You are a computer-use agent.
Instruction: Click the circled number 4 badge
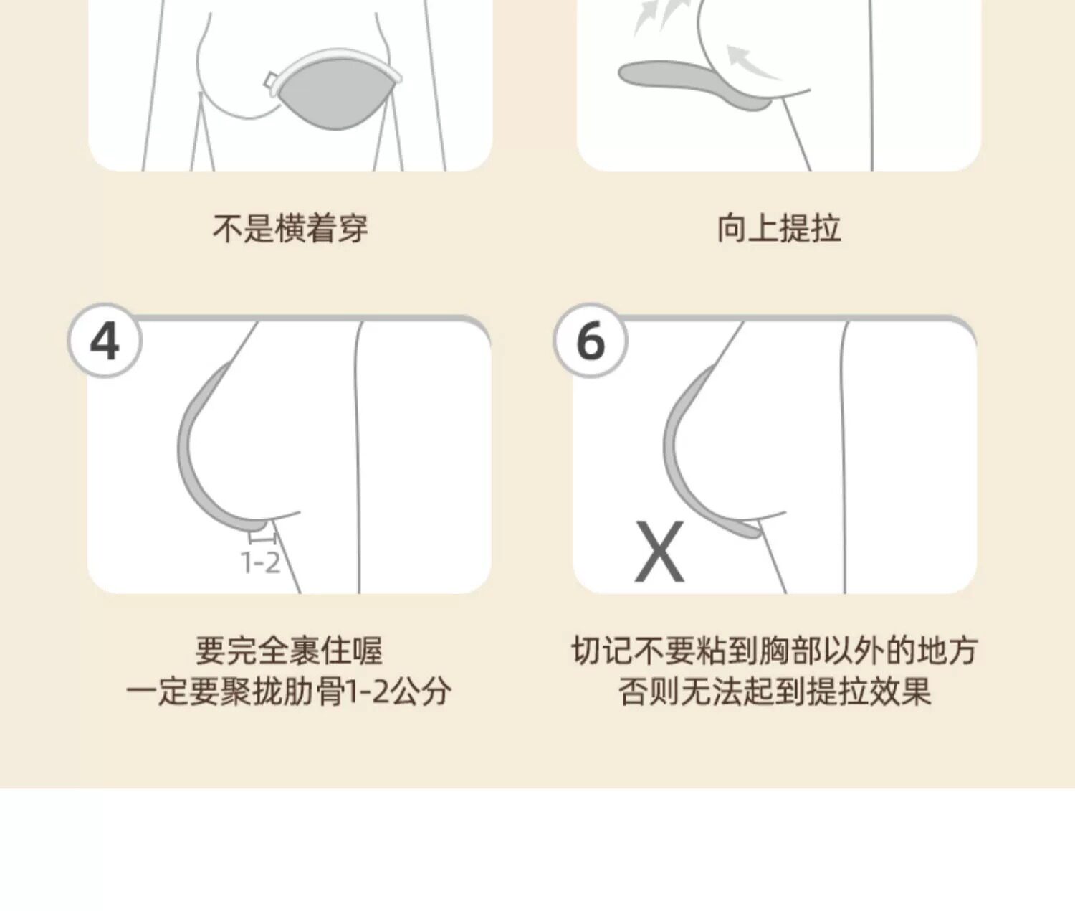pos(105,341)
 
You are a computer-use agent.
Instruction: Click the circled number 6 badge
pos(591,341)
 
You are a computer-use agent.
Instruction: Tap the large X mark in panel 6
pos(659,552)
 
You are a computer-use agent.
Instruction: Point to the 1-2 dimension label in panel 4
pos(260,562)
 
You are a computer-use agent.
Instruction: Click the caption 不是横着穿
pos(290,228)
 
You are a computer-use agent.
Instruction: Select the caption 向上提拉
pos(778,228)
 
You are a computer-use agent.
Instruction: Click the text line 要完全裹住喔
pos(289,651)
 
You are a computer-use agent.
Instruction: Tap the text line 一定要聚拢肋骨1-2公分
pos(289,692)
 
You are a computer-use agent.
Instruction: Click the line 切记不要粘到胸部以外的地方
pos(775,651)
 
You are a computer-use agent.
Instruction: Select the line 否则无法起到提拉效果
pos(775,692)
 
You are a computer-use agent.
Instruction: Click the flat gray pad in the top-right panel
pos(692,83)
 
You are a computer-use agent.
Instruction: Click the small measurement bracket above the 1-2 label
pos(262,538)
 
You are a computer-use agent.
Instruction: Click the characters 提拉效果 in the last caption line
pos(869,692)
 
